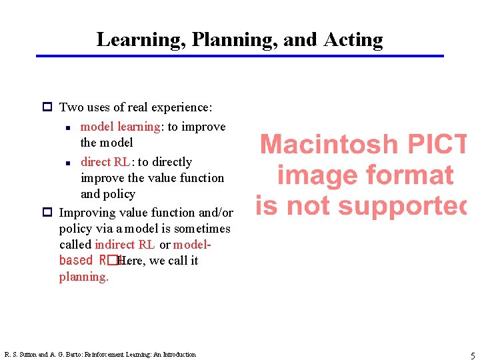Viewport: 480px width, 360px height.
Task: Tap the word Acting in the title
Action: coord(353,40)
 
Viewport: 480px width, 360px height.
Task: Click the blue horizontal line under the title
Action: coord(240,56)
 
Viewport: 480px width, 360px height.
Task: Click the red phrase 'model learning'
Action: coord(120,127)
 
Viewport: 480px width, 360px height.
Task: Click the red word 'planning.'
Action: coord(83,277)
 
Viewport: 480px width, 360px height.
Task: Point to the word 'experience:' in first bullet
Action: coord(181,107)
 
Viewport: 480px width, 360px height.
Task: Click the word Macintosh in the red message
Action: coord(328,145)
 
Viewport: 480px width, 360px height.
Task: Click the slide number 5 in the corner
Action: coord(473,356)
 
